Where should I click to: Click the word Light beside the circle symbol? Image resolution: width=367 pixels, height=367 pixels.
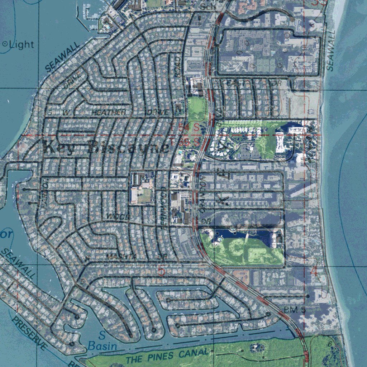tap(22, 44)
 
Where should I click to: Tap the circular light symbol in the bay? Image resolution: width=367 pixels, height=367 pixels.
tap(5, 44)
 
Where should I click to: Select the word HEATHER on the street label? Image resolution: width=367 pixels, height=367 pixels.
tap(109, 112)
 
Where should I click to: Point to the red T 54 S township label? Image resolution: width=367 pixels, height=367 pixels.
tap(185, 127)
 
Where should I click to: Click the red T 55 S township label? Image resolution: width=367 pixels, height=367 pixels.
tap(185, 142)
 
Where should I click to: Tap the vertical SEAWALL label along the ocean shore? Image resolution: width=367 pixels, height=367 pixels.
tap(330, 50)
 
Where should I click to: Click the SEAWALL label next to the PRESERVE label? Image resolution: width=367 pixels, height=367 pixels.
tap(18, 263)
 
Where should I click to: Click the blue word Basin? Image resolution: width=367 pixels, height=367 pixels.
tap(102, 346)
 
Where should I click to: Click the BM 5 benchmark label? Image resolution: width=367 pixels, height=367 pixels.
tap(294, 309)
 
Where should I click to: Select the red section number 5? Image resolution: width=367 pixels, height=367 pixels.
tap(162, 271)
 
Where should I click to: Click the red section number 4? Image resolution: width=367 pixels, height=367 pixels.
tap(314, 271)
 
